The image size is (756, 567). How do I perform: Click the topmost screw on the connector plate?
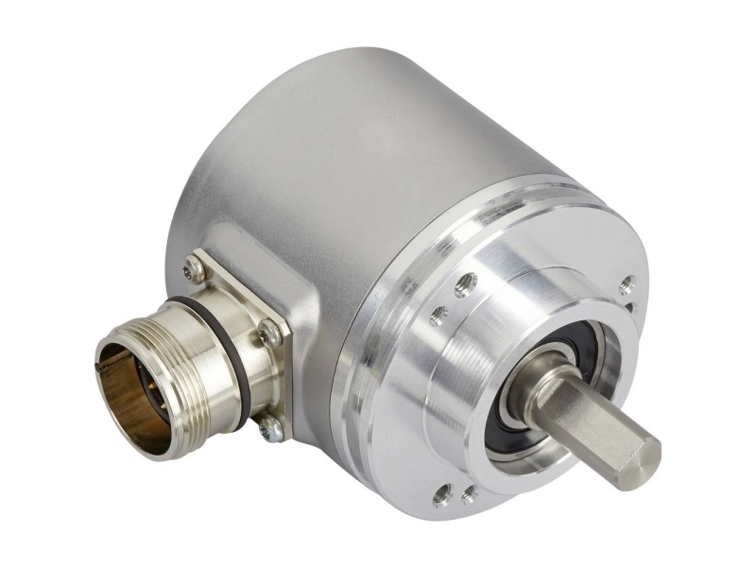[x=194, y=270]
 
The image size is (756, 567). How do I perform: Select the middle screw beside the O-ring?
[x=270, y=332]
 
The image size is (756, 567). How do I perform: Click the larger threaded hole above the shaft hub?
[x=464, y=284]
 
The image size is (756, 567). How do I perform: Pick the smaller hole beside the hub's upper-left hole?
[x=438, y=315]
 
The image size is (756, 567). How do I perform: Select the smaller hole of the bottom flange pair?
[x=468, y=493]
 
